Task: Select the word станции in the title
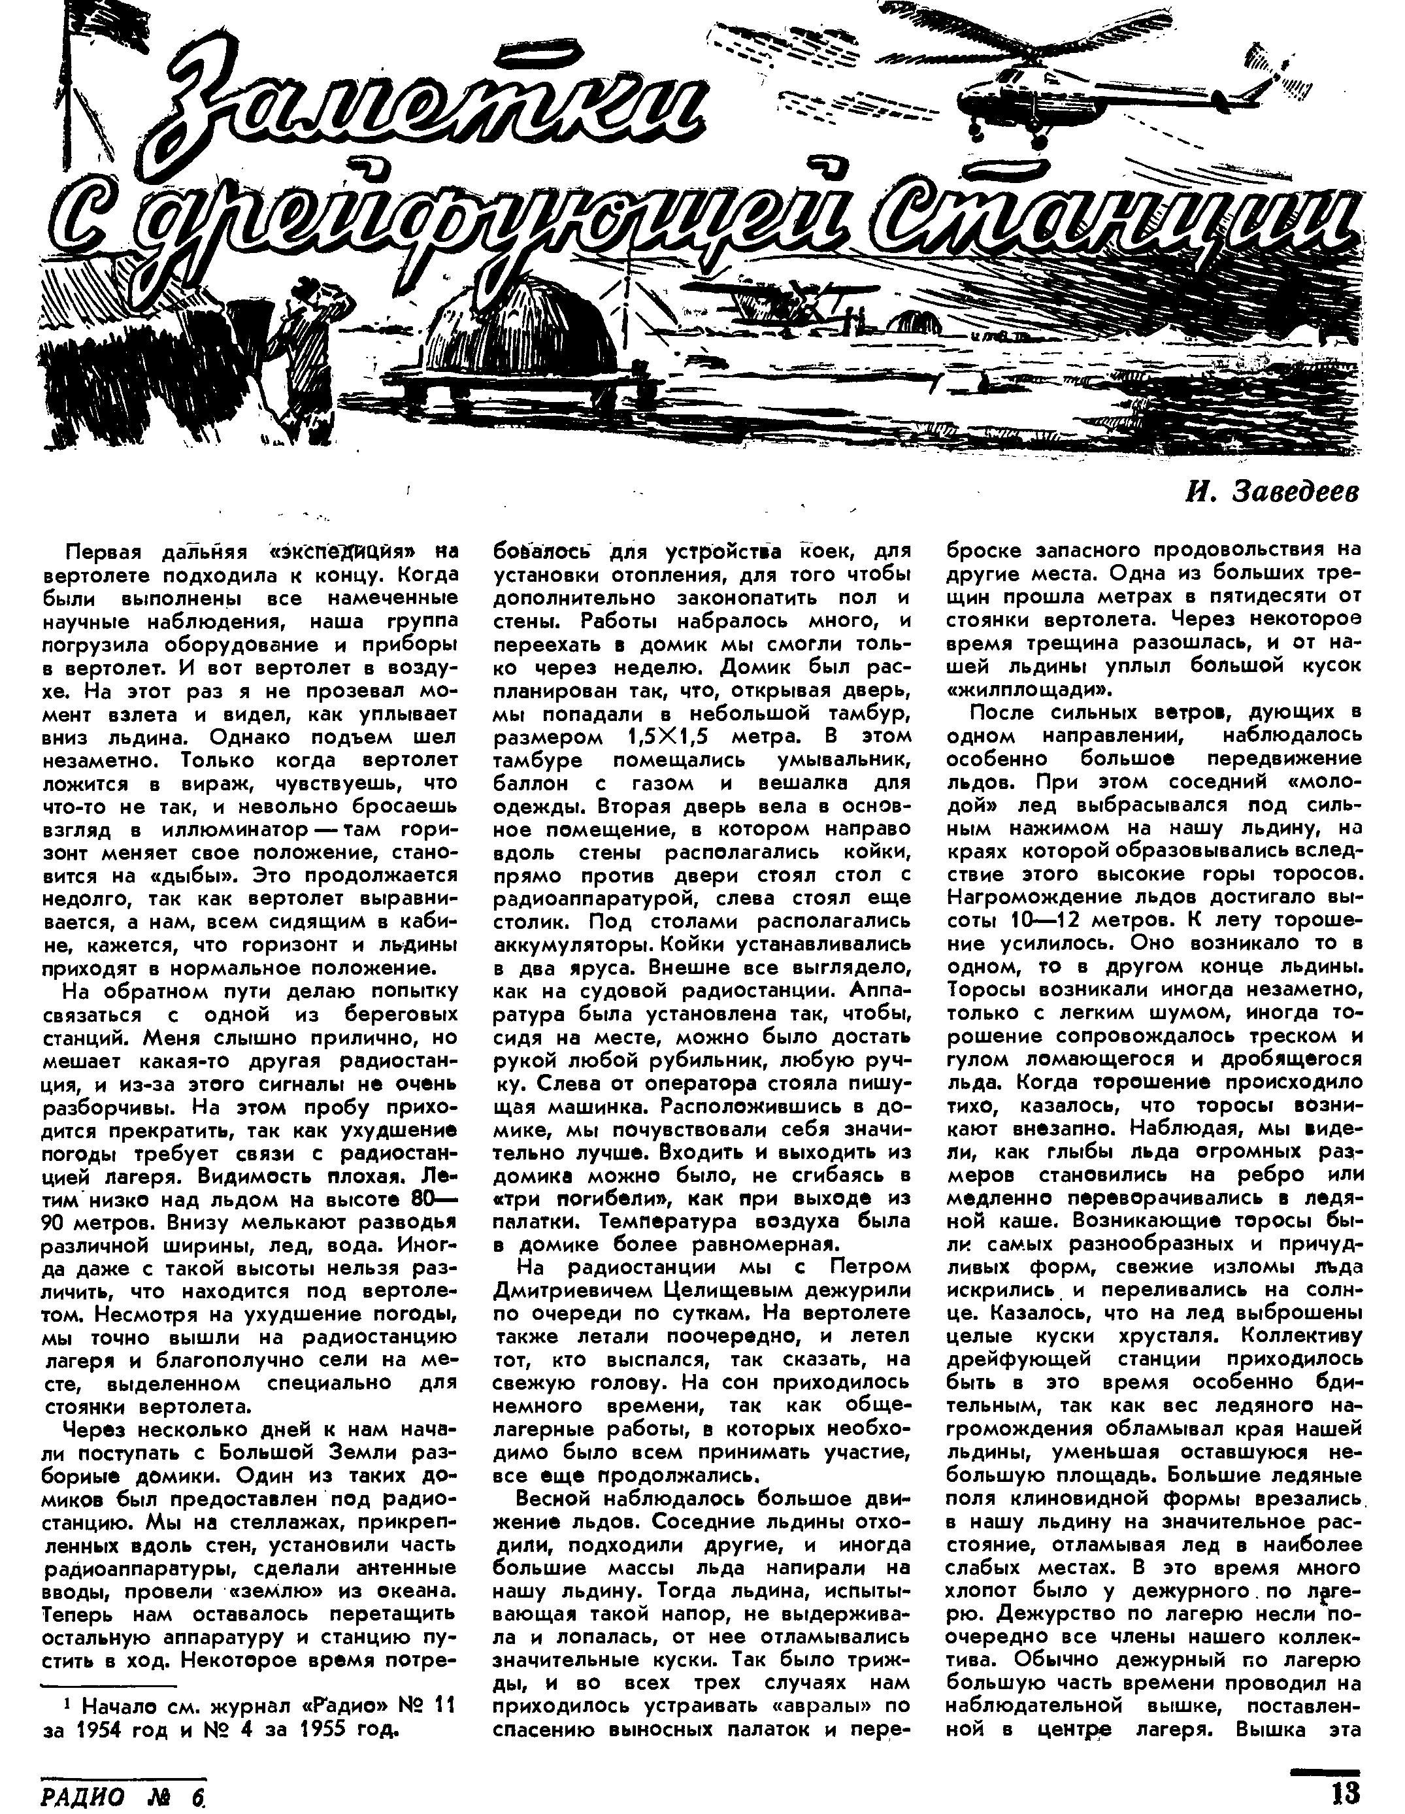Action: (1104, 224)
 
